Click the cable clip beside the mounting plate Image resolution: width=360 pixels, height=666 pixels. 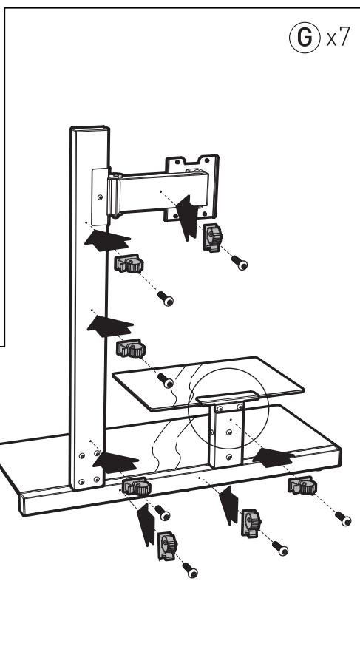click(212, 238)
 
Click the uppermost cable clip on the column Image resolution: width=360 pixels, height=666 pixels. click(129, 264)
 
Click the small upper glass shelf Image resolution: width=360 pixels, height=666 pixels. click(207, 385)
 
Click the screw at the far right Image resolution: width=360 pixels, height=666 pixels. click(342, 519)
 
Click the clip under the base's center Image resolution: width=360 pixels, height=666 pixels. click(248, 521)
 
